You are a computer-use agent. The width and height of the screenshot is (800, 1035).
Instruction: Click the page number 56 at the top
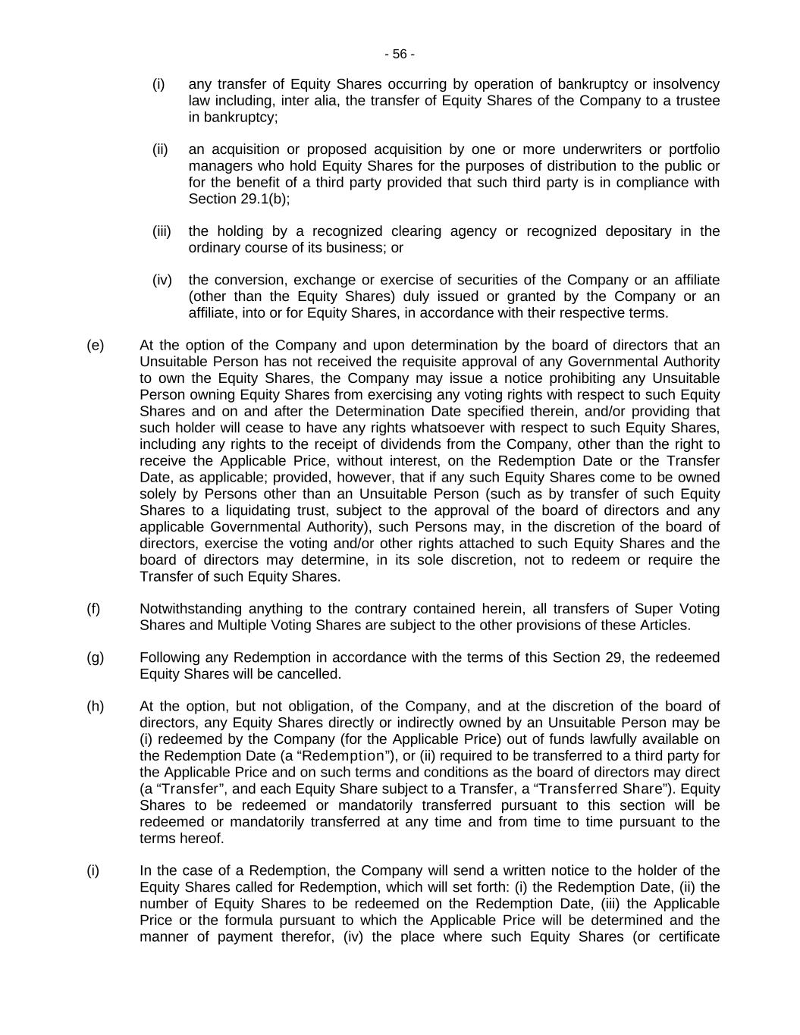coord(400,54)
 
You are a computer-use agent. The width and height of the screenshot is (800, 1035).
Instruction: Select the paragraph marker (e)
coord(96,345)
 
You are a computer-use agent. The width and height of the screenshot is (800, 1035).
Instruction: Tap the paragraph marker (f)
coord(93,608)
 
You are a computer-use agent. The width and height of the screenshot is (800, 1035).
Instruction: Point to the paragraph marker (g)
coord(96,657)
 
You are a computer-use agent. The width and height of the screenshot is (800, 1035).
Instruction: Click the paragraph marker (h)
coord(96,706)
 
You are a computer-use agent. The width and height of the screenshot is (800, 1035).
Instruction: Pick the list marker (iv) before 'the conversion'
coord(162,280)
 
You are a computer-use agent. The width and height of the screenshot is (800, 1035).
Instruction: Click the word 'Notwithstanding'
coord(190,608)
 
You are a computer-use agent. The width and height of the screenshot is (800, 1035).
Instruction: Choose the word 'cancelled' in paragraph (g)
coord(308,673)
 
